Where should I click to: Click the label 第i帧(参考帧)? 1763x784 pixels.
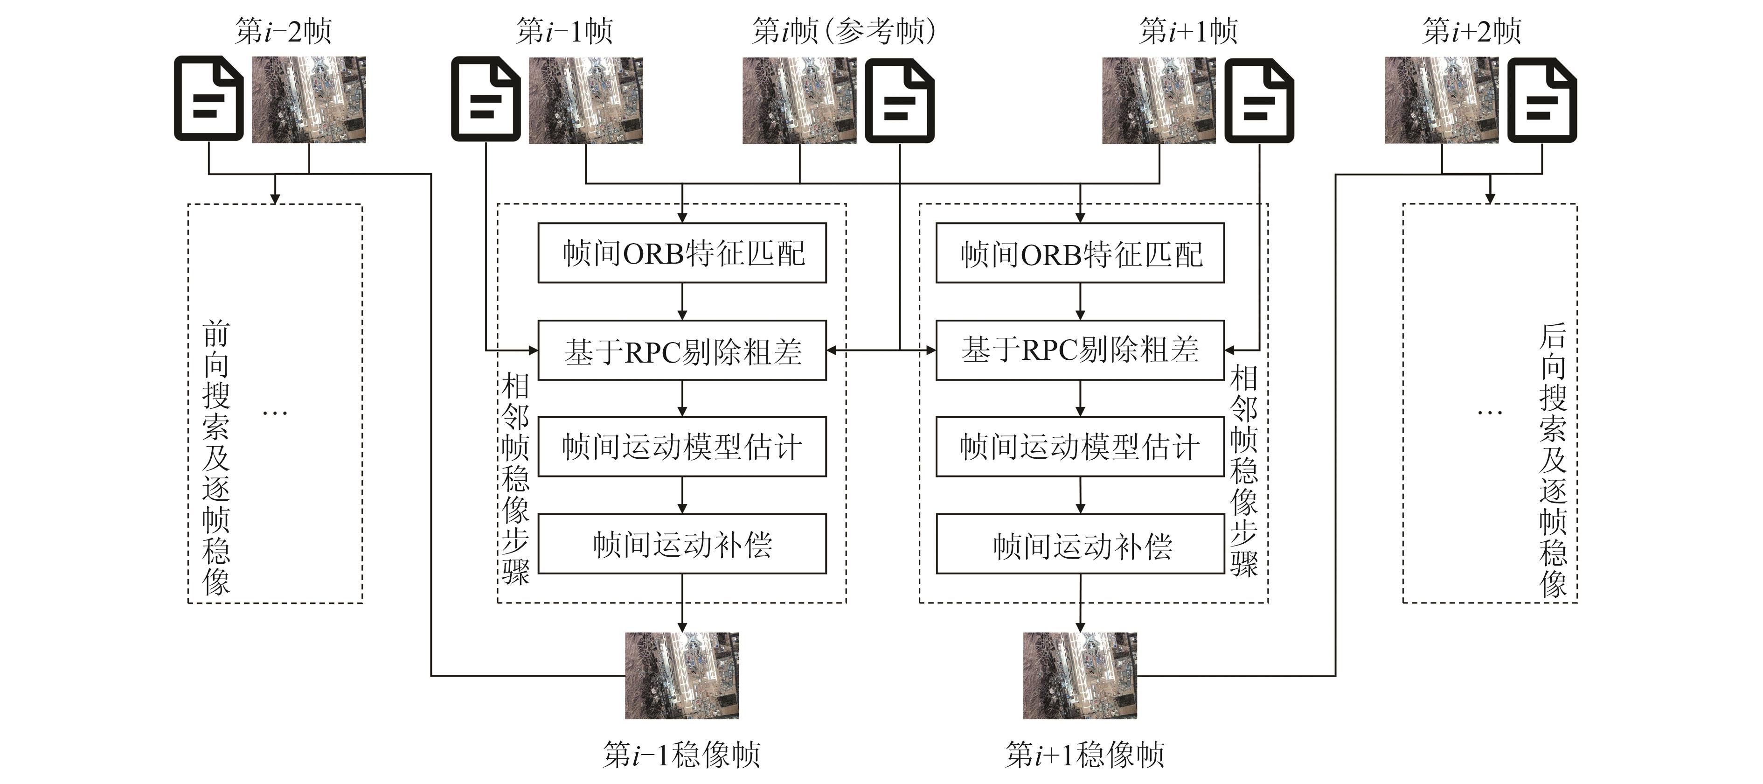(x=843, y=31)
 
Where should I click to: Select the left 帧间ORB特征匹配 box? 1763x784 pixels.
(x=682, y=252)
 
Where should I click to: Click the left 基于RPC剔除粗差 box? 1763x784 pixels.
(x=682, y=350)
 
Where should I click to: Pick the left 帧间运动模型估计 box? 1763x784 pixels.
(x=682, y=447)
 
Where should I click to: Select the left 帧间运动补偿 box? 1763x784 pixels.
(x=682, y=544)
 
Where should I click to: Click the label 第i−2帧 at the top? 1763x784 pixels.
(x=283, y=31)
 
